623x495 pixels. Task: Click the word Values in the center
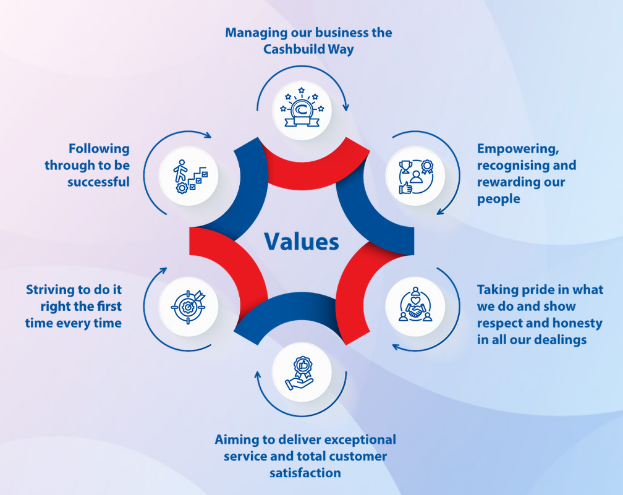(302, 241)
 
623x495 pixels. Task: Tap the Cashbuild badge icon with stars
(302, 110)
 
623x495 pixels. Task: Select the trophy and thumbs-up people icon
(415, 176)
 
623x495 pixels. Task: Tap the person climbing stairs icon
(189, 176)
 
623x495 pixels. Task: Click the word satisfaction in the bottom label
(305, 473)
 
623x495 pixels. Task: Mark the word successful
(98, 182)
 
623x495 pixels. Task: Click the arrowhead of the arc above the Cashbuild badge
(345, 108)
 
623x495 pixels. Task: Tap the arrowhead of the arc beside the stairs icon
(208, 134)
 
